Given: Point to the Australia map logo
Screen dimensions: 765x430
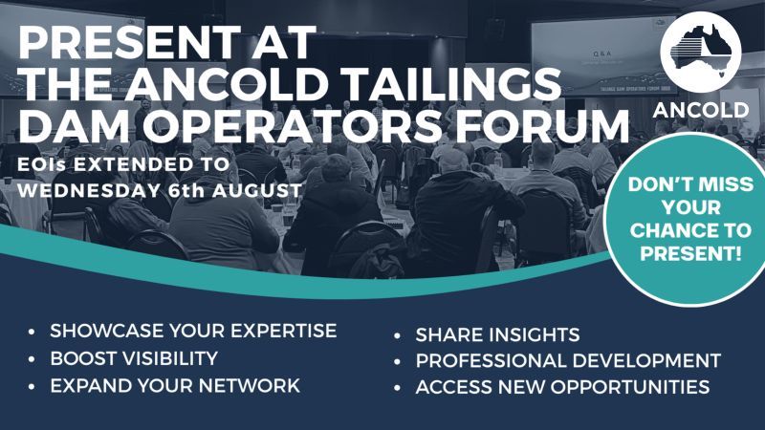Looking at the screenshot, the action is point(701,53).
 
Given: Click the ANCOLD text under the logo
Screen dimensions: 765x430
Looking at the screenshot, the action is point(701,110).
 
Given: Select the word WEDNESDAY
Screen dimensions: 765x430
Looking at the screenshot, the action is point(89,189).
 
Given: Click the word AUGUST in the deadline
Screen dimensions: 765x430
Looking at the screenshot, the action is point(256,189).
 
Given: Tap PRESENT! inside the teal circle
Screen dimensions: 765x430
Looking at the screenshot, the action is point(690,253).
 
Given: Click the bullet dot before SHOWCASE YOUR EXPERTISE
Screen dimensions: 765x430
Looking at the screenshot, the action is point(32,332).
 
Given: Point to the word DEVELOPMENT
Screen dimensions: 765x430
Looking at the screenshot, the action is point(646,360).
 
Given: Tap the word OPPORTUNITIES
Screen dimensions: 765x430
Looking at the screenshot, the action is point(630,387).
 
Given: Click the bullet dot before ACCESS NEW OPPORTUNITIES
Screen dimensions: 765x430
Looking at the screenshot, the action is point(397,388).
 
